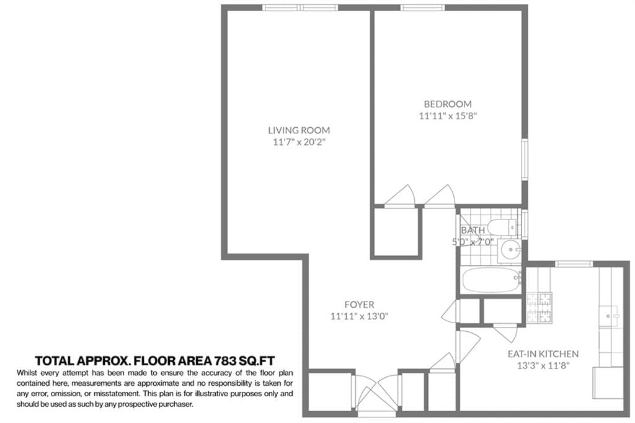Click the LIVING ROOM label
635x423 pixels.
click(x=299, y=130)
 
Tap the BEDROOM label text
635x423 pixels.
click(x=447, y=104)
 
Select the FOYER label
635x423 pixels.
click(x=360, y=305)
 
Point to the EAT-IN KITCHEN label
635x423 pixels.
click(x=543, y=354)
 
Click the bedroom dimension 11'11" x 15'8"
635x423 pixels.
click(x=447, y=115)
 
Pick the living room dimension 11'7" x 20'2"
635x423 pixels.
click(x=299, y=142)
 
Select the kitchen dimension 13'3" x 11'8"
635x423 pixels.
click(x=543, y=365)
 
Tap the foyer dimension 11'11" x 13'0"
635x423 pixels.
click(x=360, y=316)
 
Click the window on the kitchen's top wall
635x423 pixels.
click(x=574, y=264)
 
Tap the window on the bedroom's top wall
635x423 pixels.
click(x=422, y=8)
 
